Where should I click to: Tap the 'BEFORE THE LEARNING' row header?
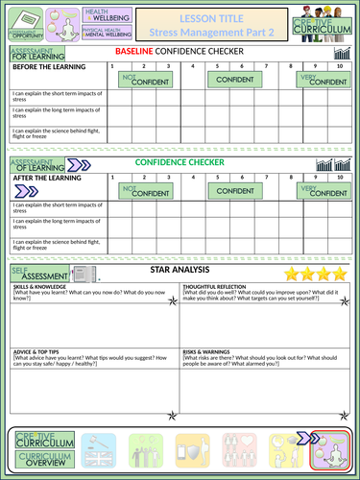[x=46, y=66]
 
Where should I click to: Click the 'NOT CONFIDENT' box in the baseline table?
[x=142, y=82]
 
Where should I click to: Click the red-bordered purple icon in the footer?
[x=329, y=447]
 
